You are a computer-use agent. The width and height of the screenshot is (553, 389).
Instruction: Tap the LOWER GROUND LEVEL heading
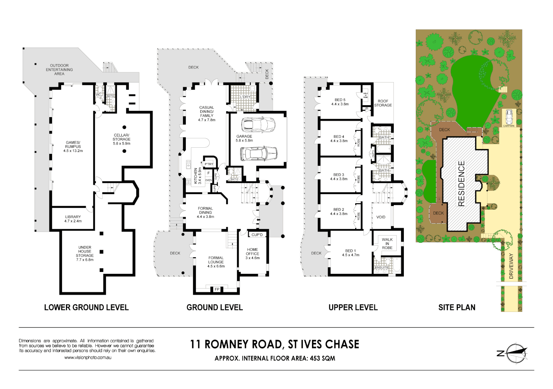coord(86,307)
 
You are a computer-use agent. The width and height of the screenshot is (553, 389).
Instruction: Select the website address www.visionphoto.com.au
coord(88,358)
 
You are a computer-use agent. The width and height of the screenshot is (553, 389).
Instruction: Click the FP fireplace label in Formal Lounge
coord(217,289)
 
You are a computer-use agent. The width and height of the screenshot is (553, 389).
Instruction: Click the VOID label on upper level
coord(381,217)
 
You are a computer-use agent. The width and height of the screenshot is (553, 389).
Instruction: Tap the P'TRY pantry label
coord(209,164)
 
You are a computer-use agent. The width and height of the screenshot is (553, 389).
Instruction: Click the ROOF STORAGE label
coord(383,103)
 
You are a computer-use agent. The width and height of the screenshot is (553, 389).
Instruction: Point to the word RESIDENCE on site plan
coord(461,184)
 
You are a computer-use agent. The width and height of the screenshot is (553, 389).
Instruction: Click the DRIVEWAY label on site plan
coord(511,266)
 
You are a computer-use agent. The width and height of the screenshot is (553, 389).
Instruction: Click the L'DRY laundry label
coord(245,97)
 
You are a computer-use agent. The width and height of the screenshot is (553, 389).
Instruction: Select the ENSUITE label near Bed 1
coord(382,268)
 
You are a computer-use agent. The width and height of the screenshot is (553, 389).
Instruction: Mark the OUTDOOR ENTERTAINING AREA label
coord(59,70)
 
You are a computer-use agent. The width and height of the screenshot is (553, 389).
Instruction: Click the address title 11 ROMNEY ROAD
coord(275,344)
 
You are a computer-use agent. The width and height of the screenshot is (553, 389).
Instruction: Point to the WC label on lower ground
coord(98,95)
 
